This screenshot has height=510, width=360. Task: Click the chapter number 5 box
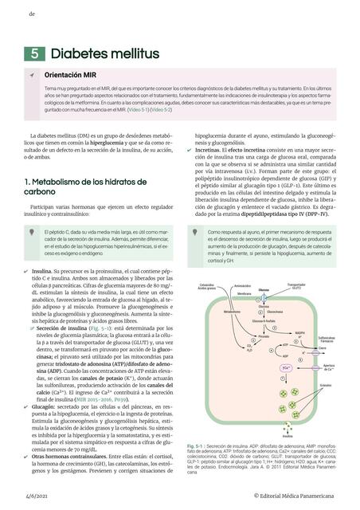[35, 53]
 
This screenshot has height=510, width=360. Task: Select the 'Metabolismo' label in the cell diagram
[209, 312]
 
